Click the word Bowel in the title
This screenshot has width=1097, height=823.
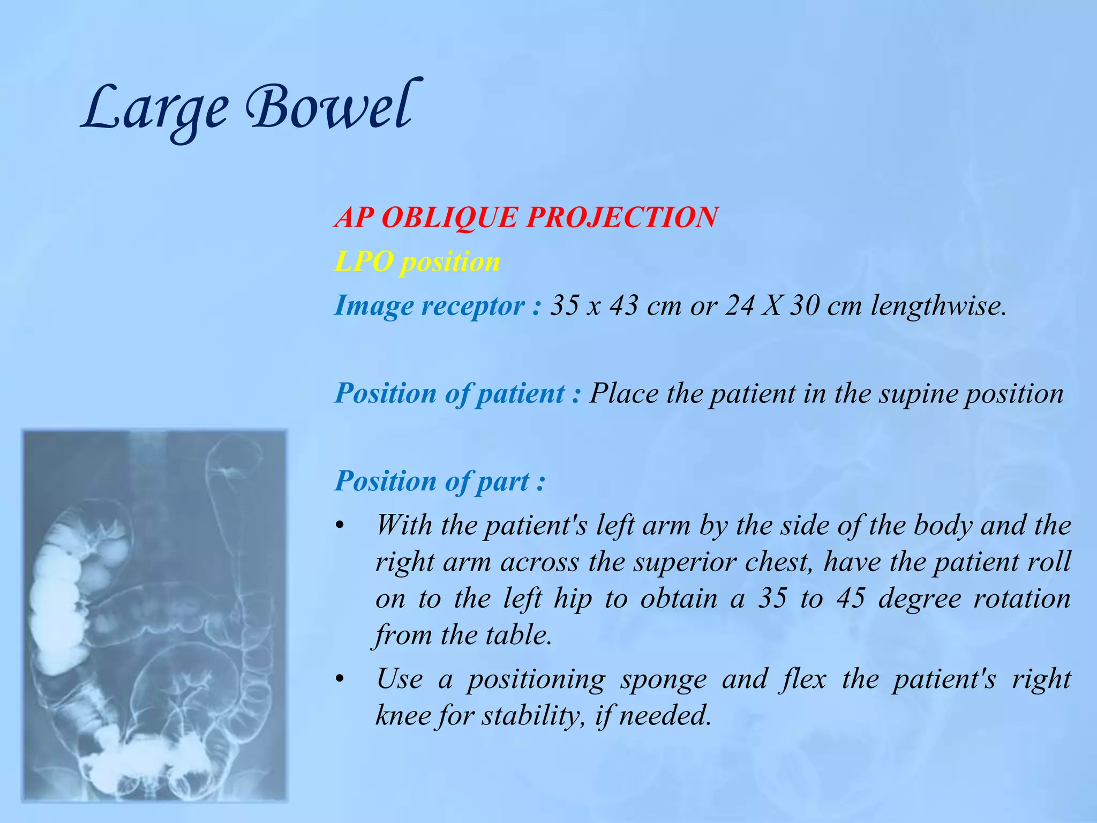click(329, 107)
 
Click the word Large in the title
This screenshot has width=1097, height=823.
click(155, 110)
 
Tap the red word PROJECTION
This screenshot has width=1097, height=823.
click(621, 218)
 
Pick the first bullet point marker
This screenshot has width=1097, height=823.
click(339, 527)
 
